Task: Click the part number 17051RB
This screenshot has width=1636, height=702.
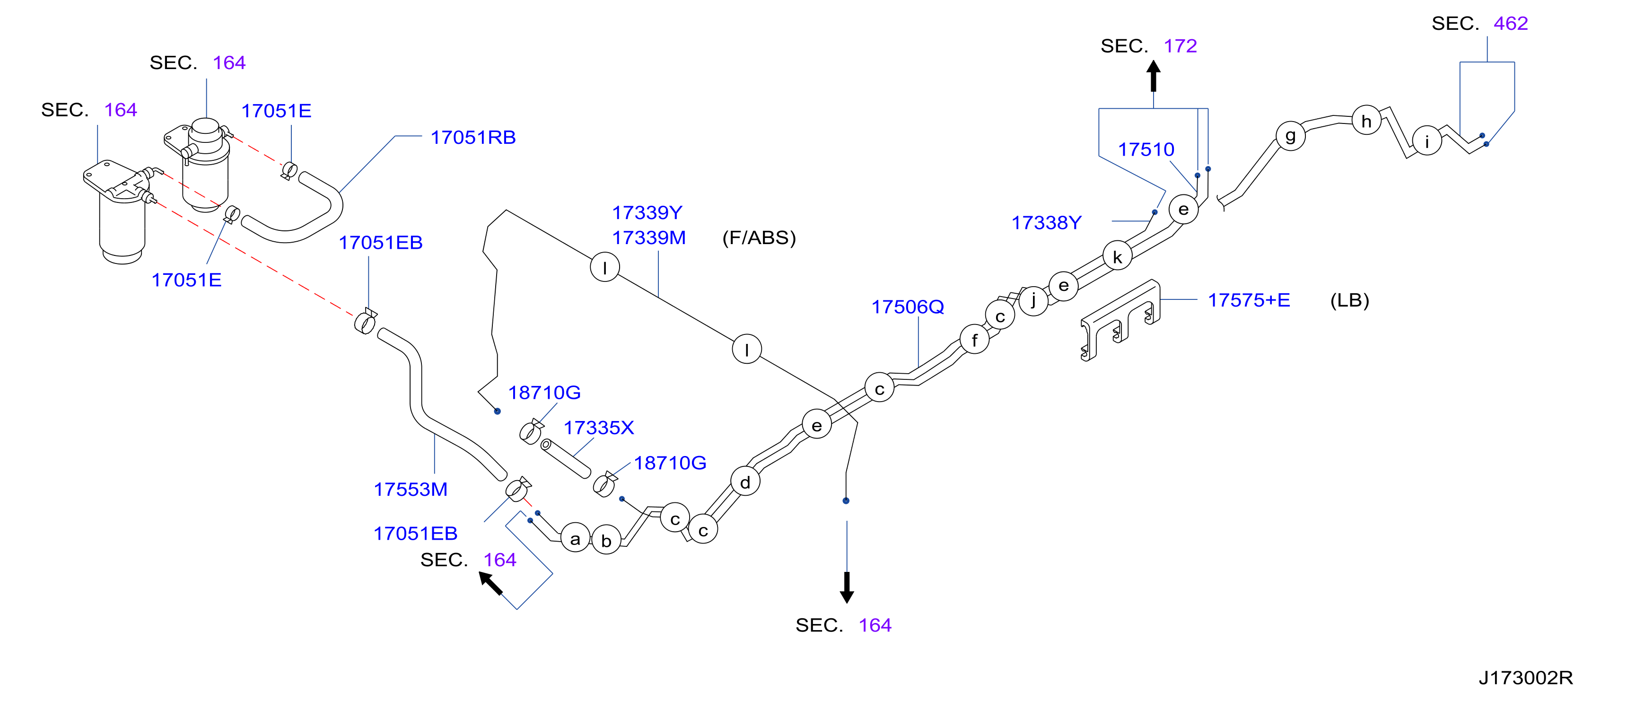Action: click(x=473, y=137)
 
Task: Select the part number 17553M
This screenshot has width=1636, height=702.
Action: click(x=410, y=489)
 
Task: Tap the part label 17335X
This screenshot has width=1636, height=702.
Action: click(x=599, y=428)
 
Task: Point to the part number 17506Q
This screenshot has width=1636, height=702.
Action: click(x=908, y=307)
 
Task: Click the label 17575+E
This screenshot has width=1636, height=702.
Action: click(x=1249, y=300)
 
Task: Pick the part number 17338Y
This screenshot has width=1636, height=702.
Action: click(x=1046, y=222)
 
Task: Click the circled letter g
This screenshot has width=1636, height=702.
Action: click(x=1291, y=136)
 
